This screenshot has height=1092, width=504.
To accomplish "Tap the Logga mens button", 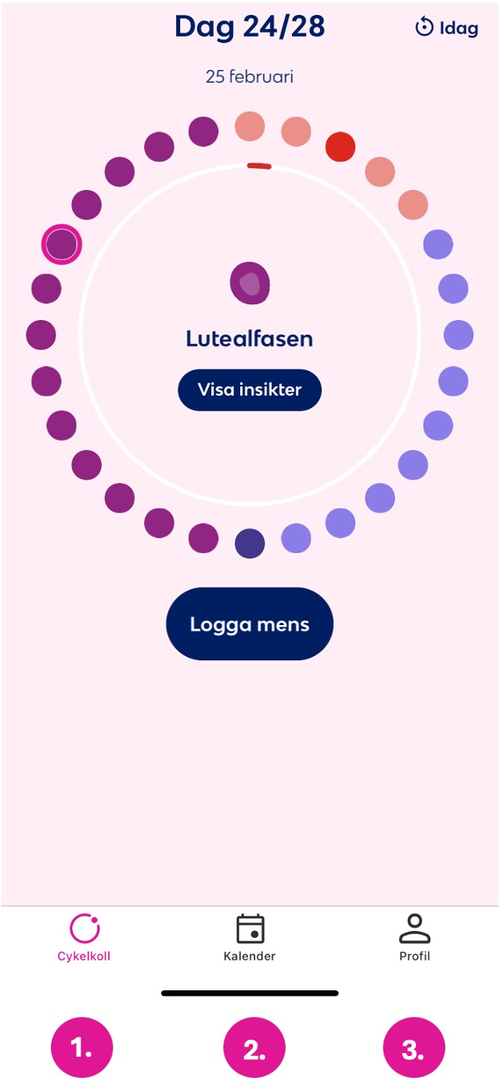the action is click(x=250, y=624).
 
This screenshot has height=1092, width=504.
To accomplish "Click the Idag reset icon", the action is click(x=424, y=27).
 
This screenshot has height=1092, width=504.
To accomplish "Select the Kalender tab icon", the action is click(x=250, y=929).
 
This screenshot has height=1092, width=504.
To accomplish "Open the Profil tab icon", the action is click(x=415, y=929).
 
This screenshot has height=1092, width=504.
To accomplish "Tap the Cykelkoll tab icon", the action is click(x=85, y=929).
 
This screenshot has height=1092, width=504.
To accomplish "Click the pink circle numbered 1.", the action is click(x=82, y=1047).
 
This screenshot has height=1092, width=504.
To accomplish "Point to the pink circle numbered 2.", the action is click(x=254, y=1047).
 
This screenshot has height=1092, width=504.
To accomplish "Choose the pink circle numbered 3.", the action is click(x=414, y=1047).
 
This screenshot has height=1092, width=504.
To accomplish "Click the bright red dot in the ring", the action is click(x=340, y=147).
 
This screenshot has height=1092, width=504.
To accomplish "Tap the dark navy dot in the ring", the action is click(x=250, y=544).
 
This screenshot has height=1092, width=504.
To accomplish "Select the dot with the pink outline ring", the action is click(x=62, y=244).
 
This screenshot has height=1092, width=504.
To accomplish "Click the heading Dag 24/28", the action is click(x=250, y=27).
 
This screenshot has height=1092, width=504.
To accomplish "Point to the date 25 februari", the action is click(x=250, y=77).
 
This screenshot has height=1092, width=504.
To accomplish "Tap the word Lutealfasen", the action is click(x=250, y=339).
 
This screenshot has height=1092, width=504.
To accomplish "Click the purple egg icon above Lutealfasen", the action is click(x=250, y=283).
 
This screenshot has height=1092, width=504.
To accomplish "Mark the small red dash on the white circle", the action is click(x=259, y=167).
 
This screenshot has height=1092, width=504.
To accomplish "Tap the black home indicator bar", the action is click(x=250, y=993).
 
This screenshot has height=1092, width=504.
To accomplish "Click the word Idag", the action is click(x=459, y=28).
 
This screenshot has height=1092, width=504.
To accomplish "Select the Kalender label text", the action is click(x=250, y=956).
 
